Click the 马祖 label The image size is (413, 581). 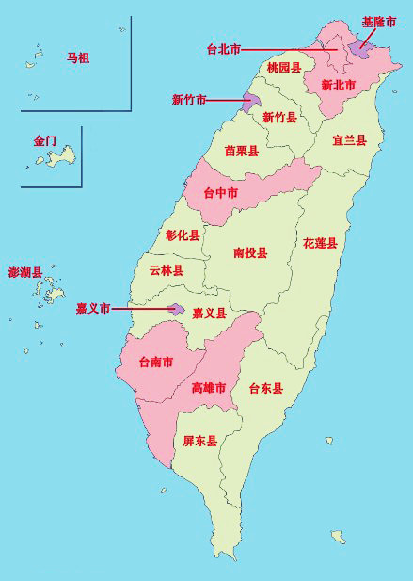tap(78, 58)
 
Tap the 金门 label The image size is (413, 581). tap(45, 141)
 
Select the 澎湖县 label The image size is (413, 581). tap(25, 273)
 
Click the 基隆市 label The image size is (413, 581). tap(378, 21)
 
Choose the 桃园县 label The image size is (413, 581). tap(283, 68)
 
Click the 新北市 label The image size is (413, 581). tap(338, 85)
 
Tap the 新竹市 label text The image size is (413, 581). tap(189, 99)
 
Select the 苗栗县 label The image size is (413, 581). tap(242, 151)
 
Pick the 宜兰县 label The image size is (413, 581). tap(349, 140)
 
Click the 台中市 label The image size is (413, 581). tap(220, 194)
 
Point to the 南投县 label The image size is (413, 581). tap(250, 253)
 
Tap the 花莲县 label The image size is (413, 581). tap(320, 243)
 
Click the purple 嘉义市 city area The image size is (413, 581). tap(176, 308)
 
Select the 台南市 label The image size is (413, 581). tap(155, 362)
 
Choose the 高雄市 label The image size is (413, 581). tap(208, 388)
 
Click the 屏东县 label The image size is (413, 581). tap(199, 441)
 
